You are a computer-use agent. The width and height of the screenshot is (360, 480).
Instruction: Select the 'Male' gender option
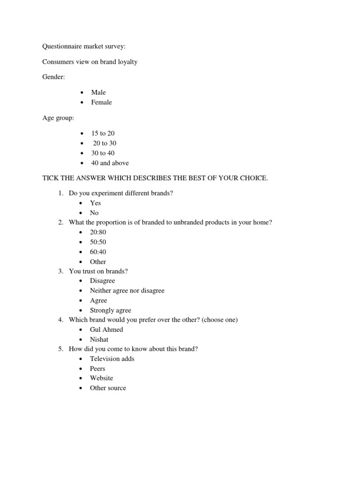coord(98,92)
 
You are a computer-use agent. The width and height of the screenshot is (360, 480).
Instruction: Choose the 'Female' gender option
coord(101,102)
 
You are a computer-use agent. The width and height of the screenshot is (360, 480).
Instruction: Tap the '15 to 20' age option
coord(103,133)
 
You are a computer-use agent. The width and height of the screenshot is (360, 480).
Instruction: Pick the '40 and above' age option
coord(110,163)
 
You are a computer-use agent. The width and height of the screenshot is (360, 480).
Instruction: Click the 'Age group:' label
coord(58,118)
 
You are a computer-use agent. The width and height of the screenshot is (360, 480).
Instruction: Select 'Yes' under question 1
coord(95,203)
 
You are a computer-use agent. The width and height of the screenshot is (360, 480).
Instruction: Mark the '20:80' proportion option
coord(98,232)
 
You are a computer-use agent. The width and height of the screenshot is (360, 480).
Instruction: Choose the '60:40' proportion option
coord(98,252)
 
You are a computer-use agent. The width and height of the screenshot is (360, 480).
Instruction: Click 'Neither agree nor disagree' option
coord(127,291)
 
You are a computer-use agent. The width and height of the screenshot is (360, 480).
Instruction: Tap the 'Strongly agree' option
coord(111,310)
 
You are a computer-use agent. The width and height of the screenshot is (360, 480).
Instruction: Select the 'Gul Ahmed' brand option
coord(106,330)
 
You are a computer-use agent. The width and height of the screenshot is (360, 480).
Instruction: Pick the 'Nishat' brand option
coord(99,339)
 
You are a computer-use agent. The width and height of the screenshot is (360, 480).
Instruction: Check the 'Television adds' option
coord(112,359)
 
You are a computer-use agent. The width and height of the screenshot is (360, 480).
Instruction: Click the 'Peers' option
coord(97,368)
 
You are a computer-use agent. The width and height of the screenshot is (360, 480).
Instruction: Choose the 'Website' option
coord(101,378)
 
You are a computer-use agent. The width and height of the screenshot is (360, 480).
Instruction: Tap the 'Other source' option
coord(108,388)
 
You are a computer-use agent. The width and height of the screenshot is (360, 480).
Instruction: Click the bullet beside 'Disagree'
coord(81,281)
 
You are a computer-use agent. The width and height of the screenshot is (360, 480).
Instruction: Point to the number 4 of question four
coord(60,320)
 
